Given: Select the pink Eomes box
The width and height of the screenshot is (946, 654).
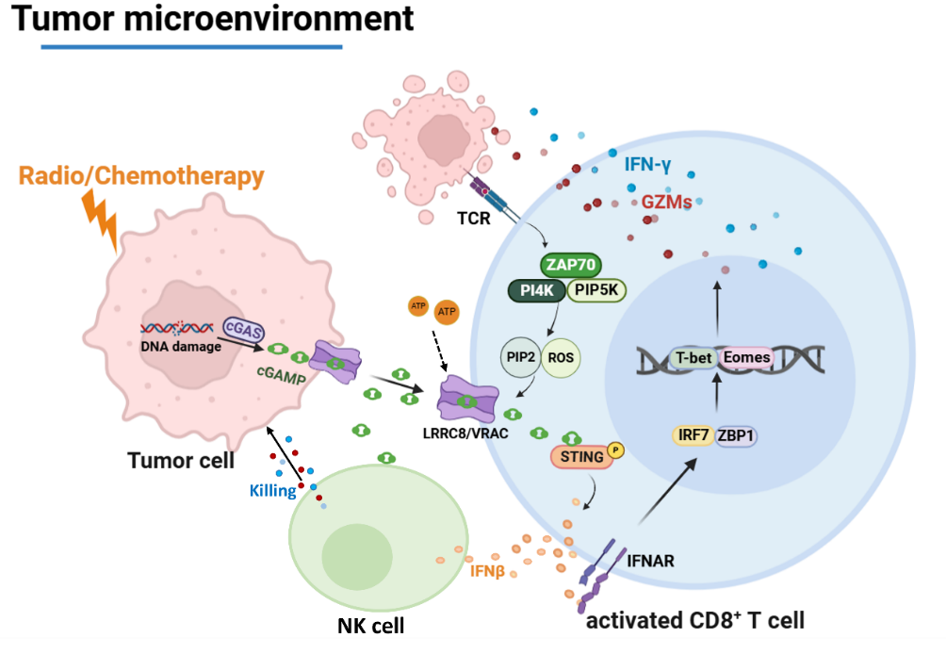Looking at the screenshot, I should pos(746,358).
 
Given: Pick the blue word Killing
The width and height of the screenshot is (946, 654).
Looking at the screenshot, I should pos(273,490).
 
